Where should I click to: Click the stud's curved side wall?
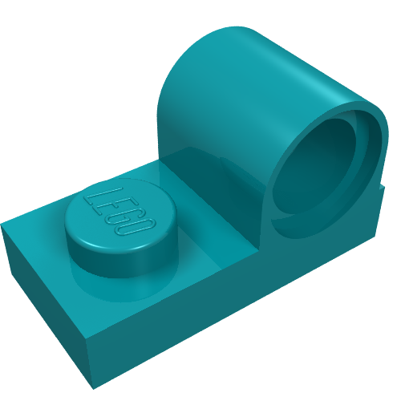tap(120, 263)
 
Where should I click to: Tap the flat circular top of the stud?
tap(120, 214)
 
